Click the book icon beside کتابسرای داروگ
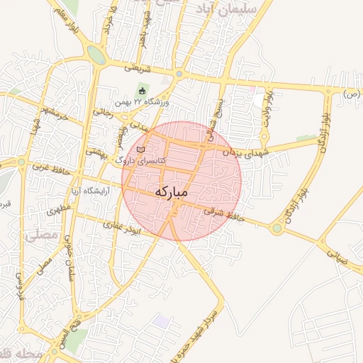tap(141, 150)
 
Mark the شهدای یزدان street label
tap(241, 150)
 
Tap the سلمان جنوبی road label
tap(76, 258)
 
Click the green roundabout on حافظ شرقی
tap(277, 228)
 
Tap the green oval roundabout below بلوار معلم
tap(97, 55)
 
